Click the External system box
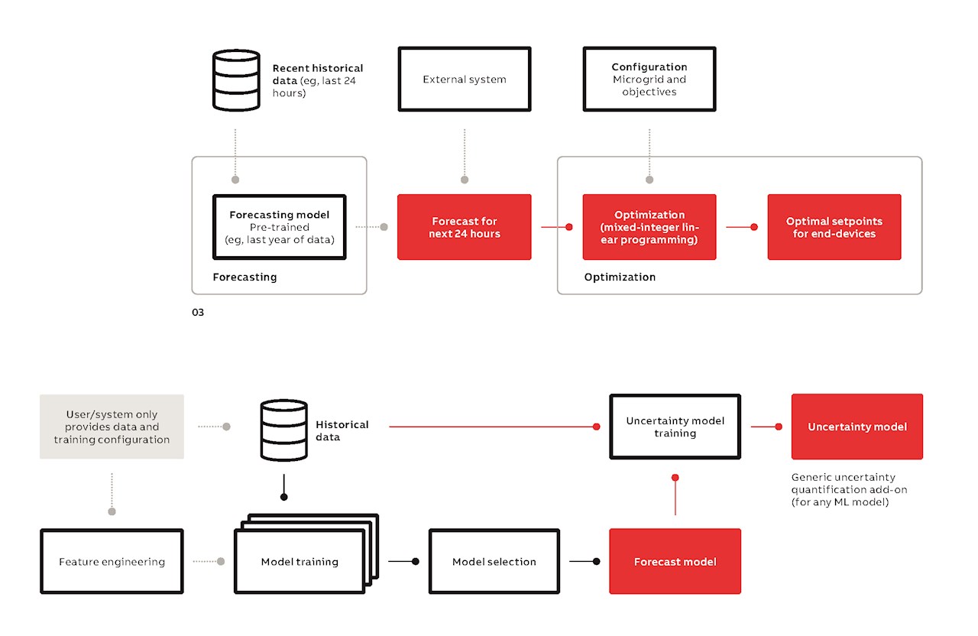(464, 79)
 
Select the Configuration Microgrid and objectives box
(649, 79)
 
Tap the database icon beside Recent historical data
(235, 80)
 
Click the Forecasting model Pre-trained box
(279, 227)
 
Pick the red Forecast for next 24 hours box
(464, 227)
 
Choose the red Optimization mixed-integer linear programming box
(649, 227)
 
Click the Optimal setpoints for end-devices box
(834, 227)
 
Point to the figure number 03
(198, 313)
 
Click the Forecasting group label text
(244, 277)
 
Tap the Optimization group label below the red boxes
(620, 277)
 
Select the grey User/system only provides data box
(112, 427)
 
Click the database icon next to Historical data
(283, 430)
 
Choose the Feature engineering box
(112, 562)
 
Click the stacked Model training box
(300, 562)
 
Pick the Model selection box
(494, 562)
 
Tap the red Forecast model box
(675, 562)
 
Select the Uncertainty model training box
(675, 427)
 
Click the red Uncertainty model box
(857, 427)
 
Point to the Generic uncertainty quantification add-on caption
(849, 489)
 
